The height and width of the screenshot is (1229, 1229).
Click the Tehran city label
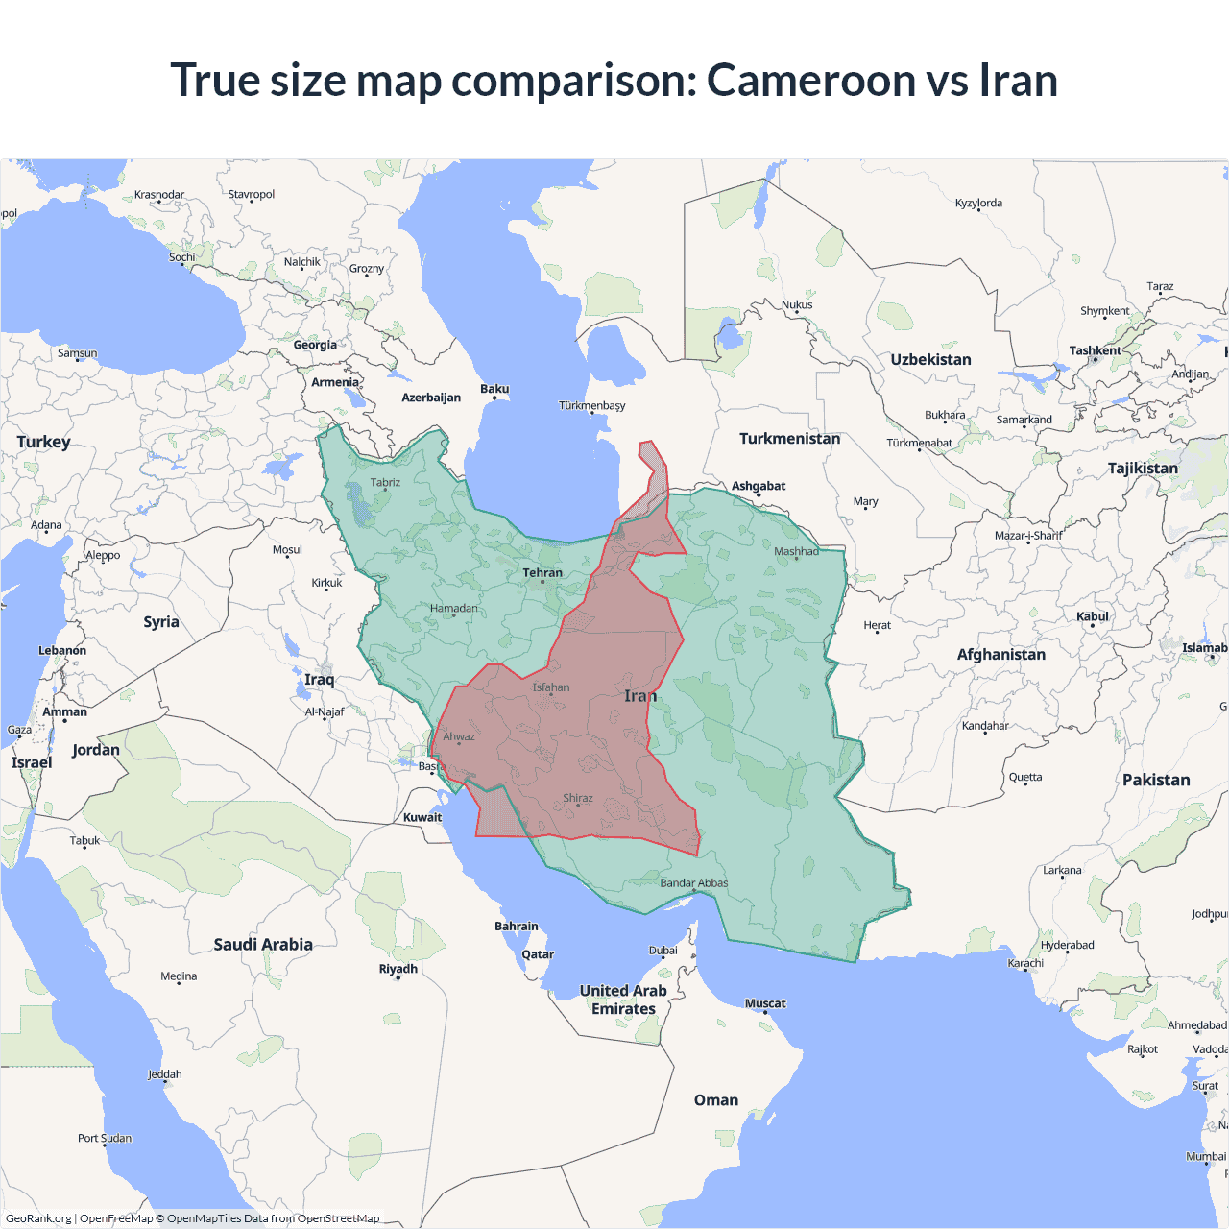pyautogui.click(x=542, y=572)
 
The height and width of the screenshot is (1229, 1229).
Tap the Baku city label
pyautogui.click(x=494, y=389)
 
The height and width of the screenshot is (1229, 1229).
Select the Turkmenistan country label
pyautogui.click(x=789, y=439)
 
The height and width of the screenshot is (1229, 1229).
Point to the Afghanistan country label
pyautogui.click(x=1000, y=654)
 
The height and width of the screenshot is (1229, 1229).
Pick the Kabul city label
pyautogui.click(x=1092, y=616)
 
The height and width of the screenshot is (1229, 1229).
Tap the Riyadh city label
pyautogui.click(x=398, y=969)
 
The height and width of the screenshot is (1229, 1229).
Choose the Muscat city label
pyautogui.click(x=765, y=1003)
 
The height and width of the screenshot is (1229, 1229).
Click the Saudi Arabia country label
pyautogui.click(x=263, y=945)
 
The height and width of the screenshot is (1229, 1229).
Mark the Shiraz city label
pyautogui.click(x=577, y=798)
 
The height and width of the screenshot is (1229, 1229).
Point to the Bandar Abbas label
pyautogui.click(x=693, y=882)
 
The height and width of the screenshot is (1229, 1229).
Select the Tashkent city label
pyautogui.click(x=1095, y=350)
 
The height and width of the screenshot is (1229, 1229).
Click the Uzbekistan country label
pyautogui.click(x=930, y=360)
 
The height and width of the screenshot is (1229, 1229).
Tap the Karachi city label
pyautogui.click(x=1024, y=963)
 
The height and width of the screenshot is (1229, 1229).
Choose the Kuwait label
pyautogui.click(x=422, y=817)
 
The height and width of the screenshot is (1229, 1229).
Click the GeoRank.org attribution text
pyautogui.click(x=38, y=1218)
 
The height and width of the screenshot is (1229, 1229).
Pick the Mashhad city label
pyautogui.click(x=796, y=551)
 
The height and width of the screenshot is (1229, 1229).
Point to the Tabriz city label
pyautogui.click(x=385, y=482)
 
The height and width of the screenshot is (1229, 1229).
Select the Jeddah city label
pyautogui.click(x=164, y=1074)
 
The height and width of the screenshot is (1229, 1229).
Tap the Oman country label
pyautogui.click(x=716, y=1100)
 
